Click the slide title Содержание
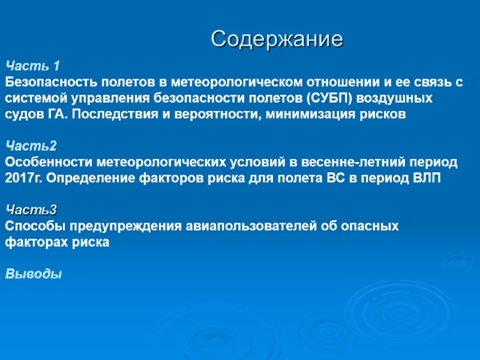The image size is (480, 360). (277, 40)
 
